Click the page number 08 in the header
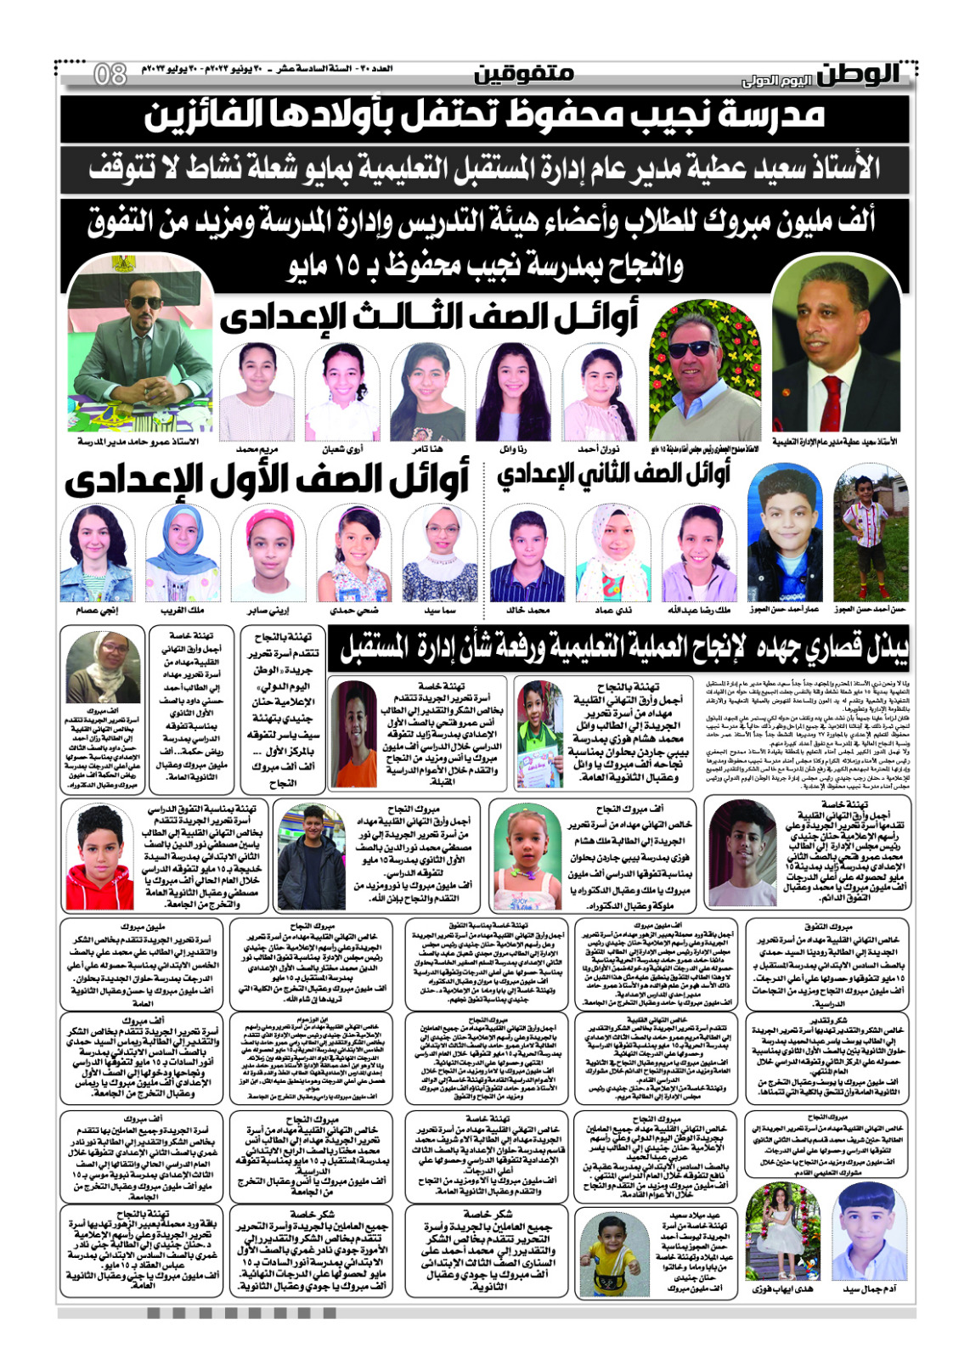pyautogui.click(x=110, y=74)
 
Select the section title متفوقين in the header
pyautogui.click(x=523, y=74)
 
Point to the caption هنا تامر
pyautogui.click(x=427, y=448)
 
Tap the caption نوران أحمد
pyautogui.click(x=599, y=448)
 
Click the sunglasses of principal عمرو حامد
pyautogui.click(x=146, y=302)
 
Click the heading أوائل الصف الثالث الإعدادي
pyautogui.click(x=429, y=319)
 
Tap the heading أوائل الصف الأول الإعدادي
pyautogui.click(x=267, y=480)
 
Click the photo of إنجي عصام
pyautogui.click(x=97, y=553)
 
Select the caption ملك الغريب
pyautogui.click(x=183, y=610)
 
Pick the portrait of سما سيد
pyautogui.click(x=440, y=553)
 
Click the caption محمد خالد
pyautogui.click(x=527, y=610)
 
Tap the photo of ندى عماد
pyautogui.click(x=612, y=553)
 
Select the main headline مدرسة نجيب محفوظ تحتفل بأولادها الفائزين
pyautogui.click(x=485, y=118)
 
